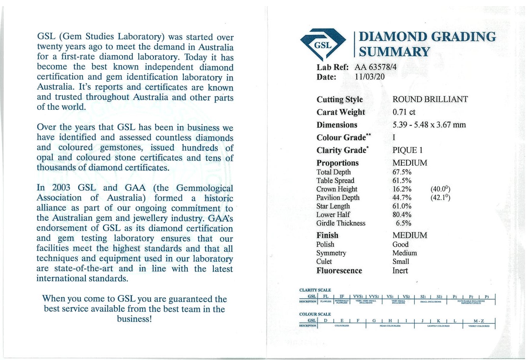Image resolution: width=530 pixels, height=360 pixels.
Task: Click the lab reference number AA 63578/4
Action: coord(375,67)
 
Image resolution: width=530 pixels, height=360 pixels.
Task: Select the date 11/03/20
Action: coord(369,77)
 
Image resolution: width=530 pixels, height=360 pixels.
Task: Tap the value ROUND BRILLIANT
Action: coord(430,99)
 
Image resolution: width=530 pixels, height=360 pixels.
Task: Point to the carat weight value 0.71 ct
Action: coord(404,112)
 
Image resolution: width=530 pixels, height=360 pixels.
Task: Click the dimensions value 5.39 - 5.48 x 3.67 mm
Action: coord(429,125)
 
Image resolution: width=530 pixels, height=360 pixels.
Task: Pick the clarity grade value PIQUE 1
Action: coord(408,150)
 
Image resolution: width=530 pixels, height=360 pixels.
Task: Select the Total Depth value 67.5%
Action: coord(402,172)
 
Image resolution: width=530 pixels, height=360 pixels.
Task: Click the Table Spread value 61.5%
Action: coord(402,181)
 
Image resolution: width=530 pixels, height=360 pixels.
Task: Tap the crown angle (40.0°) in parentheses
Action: coord(440,189)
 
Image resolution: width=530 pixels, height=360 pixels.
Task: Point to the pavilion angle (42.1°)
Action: coord(440,197)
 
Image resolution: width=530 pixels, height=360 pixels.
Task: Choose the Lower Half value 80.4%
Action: coord(402,215)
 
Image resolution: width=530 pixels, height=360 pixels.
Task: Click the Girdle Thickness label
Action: coord(341,223)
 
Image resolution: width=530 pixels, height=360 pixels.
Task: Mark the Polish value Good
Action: coord(400,244)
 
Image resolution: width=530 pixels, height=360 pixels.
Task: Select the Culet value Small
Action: coord(401,262)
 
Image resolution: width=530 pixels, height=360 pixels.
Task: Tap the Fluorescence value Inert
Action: coord(400,271)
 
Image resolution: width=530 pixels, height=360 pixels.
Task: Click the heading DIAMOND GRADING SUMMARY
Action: coord(427,44)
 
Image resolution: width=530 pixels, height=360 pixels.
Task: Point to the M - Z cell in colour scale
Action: coord(479,321)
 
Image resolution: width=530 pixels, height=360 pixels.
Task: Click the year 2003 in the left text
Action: coord(61,188)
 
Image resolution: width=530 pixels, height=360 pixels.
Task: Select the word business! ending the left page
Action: coord(134,319)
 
